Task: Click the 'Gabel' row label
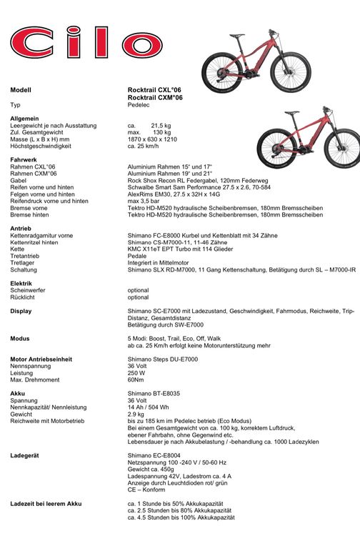18,180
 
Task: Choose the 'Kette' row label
17,248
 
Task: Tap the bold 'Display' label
21,311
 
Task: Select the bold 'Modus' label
20,338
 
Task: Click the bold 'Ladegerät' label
26,455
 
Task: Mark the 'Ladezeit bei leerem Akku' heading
46,503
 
